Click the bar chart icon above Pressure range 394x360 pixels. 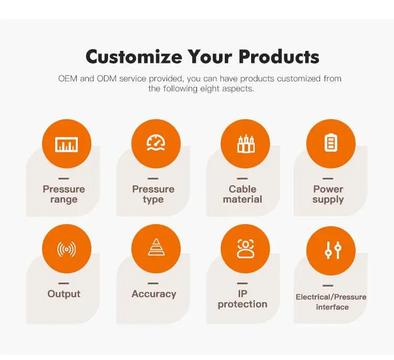click(x=67, y=144)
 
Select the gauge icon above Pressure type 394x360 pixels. click(x=155, y=144)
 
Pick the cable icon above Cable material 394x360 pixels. click(x=245, y=144)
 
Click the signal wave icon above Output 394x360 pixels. click(x=67, y=249)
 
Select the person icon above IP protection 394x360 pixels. click(x=245, y=249)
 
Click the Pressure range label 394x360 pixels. click(x=64, y=194)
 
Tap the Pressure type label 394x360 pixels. click(x=153, y=194)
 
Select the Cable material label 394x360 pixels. click(x=242, y=194)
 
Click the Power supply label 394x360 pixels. click(x=328, y=194)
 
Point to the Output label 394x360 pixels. click(x=64, y=294)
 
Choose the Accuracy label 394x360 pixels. click(x=153, y=294)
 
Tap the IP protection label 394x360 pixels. click(x=242, y=299)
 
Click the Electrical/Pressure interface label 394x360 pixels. click(x=331, y=302)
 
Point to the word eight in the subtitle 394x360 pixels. click(x=211, y=89)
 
